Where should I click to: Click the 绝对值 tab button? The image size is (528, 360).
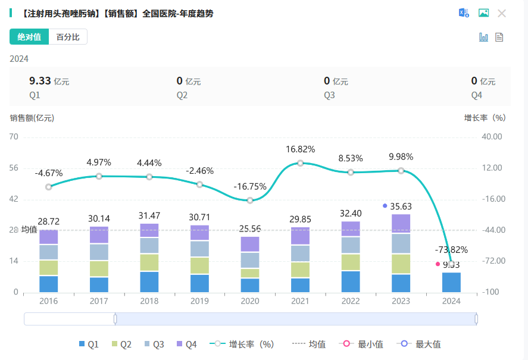(29, 37)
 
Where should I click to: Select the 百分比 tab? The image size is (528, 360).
(68, 37)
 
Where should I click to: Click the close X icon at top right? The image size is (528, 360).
(502, 13)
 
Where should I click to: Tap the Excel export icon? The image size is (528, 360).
(464, 13)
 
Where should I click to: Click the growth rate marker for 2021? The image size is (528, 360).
(301, 163)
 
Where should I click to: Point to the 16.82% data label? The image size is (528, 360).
(301, 149)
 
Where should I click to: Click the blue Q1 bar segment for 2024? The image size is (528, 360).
(451, 282)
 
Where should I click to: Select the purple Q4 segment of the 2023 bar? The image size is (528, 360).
(401, 224)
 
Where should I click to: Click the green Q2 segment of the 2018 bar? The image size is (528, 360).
(149, 262)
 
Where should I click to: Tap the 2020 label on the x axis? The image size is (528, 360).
(250, 301)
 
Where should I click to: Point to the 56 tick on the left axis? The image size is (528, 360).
(14, 168)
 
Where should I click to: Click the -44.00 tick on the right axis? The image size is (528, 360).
(492, 230)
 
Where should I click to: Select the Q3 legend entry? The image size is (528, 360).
(154, 344)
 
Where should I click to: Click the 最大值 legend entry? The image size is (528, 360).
(421, 344)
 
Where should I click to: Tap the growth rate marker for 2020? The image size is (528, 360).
(250, 201)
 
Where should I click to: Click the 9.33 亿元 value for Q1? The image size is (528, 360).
(49, 81)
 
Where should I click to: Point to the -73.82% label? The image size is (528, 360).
(451, 250)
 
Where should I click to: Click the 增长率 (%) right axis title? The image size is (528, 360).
(485, 118)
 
